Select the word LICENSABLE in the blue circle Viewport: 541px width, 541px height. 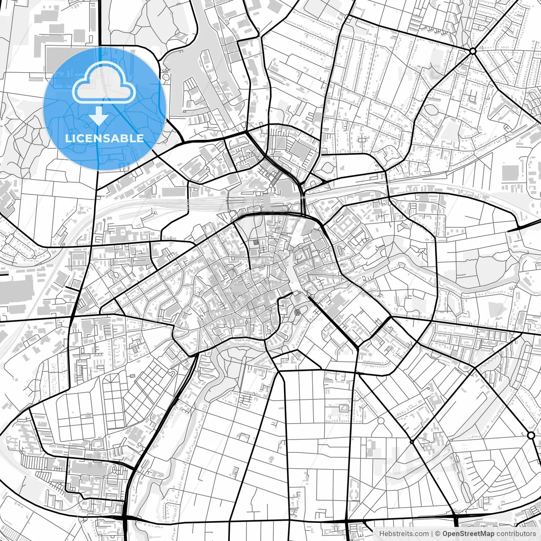pos(104,138)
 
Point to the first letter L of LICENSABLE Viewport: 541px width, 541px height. pos(68,138)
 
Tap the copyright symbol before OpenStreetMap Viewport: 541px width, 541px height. pos(438,534)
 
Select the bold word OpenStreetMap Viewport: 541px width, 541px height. pos(468,534)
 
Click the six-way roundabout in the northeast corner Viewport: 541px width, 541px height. pos(473,51)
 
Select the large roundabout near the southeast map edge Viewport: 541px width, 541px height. pos(531,435)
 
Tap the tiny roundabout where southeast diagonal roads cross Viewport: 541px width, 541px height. pos(412,442)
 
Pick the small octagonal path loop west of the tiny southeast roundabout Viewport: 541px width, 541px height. pos(380,421)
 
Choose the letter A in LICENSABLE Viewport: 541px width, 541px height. pos(116,138)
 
